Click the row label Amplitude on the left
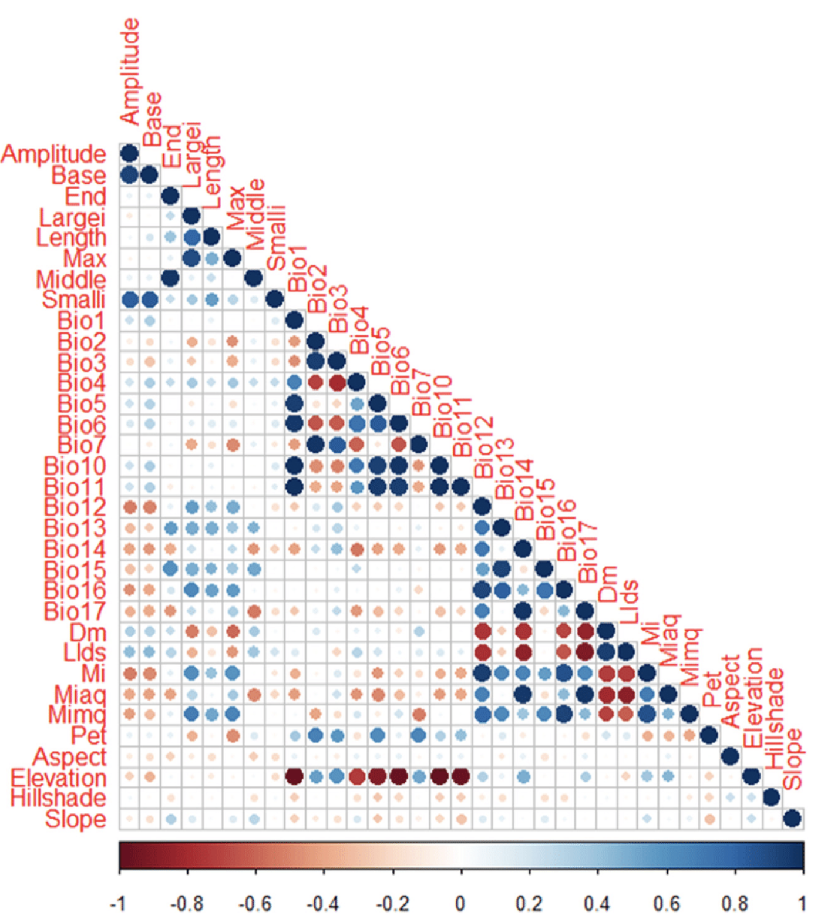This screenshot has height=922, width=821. [53, 154]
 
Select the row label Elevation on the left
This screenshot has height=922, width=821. [58, 778]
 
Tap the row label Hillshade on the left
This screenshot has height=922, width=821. [58, 798]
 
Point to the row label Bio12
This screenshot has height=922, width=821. [75, 507]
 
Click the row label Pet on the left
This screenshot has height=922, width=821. [89, 735]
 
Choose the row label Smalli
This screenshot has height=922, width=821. [73, 300]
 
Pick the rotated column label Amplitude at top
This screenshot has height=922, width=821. [130, 71]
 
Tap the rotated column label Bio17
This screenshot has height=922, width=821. [587, 553]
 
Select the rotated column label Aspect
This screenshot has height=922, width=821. [731, 692]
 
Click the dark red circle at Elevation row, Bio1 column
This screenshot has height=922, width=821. [294, 777]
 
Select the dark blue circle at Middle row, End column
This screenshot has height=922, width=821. [170, 278]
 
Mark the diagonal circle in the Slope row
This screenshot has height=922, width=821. [792, 818]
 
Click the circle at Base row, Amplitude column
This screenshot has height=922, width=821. [129, 175]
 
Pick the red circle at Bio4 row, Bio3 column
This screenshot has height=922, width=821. [337, 383]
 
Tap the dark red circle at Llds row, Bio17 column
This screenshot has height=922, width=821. [585, 652]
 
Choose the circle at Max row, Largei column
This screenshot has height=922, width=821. [191, 258]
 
